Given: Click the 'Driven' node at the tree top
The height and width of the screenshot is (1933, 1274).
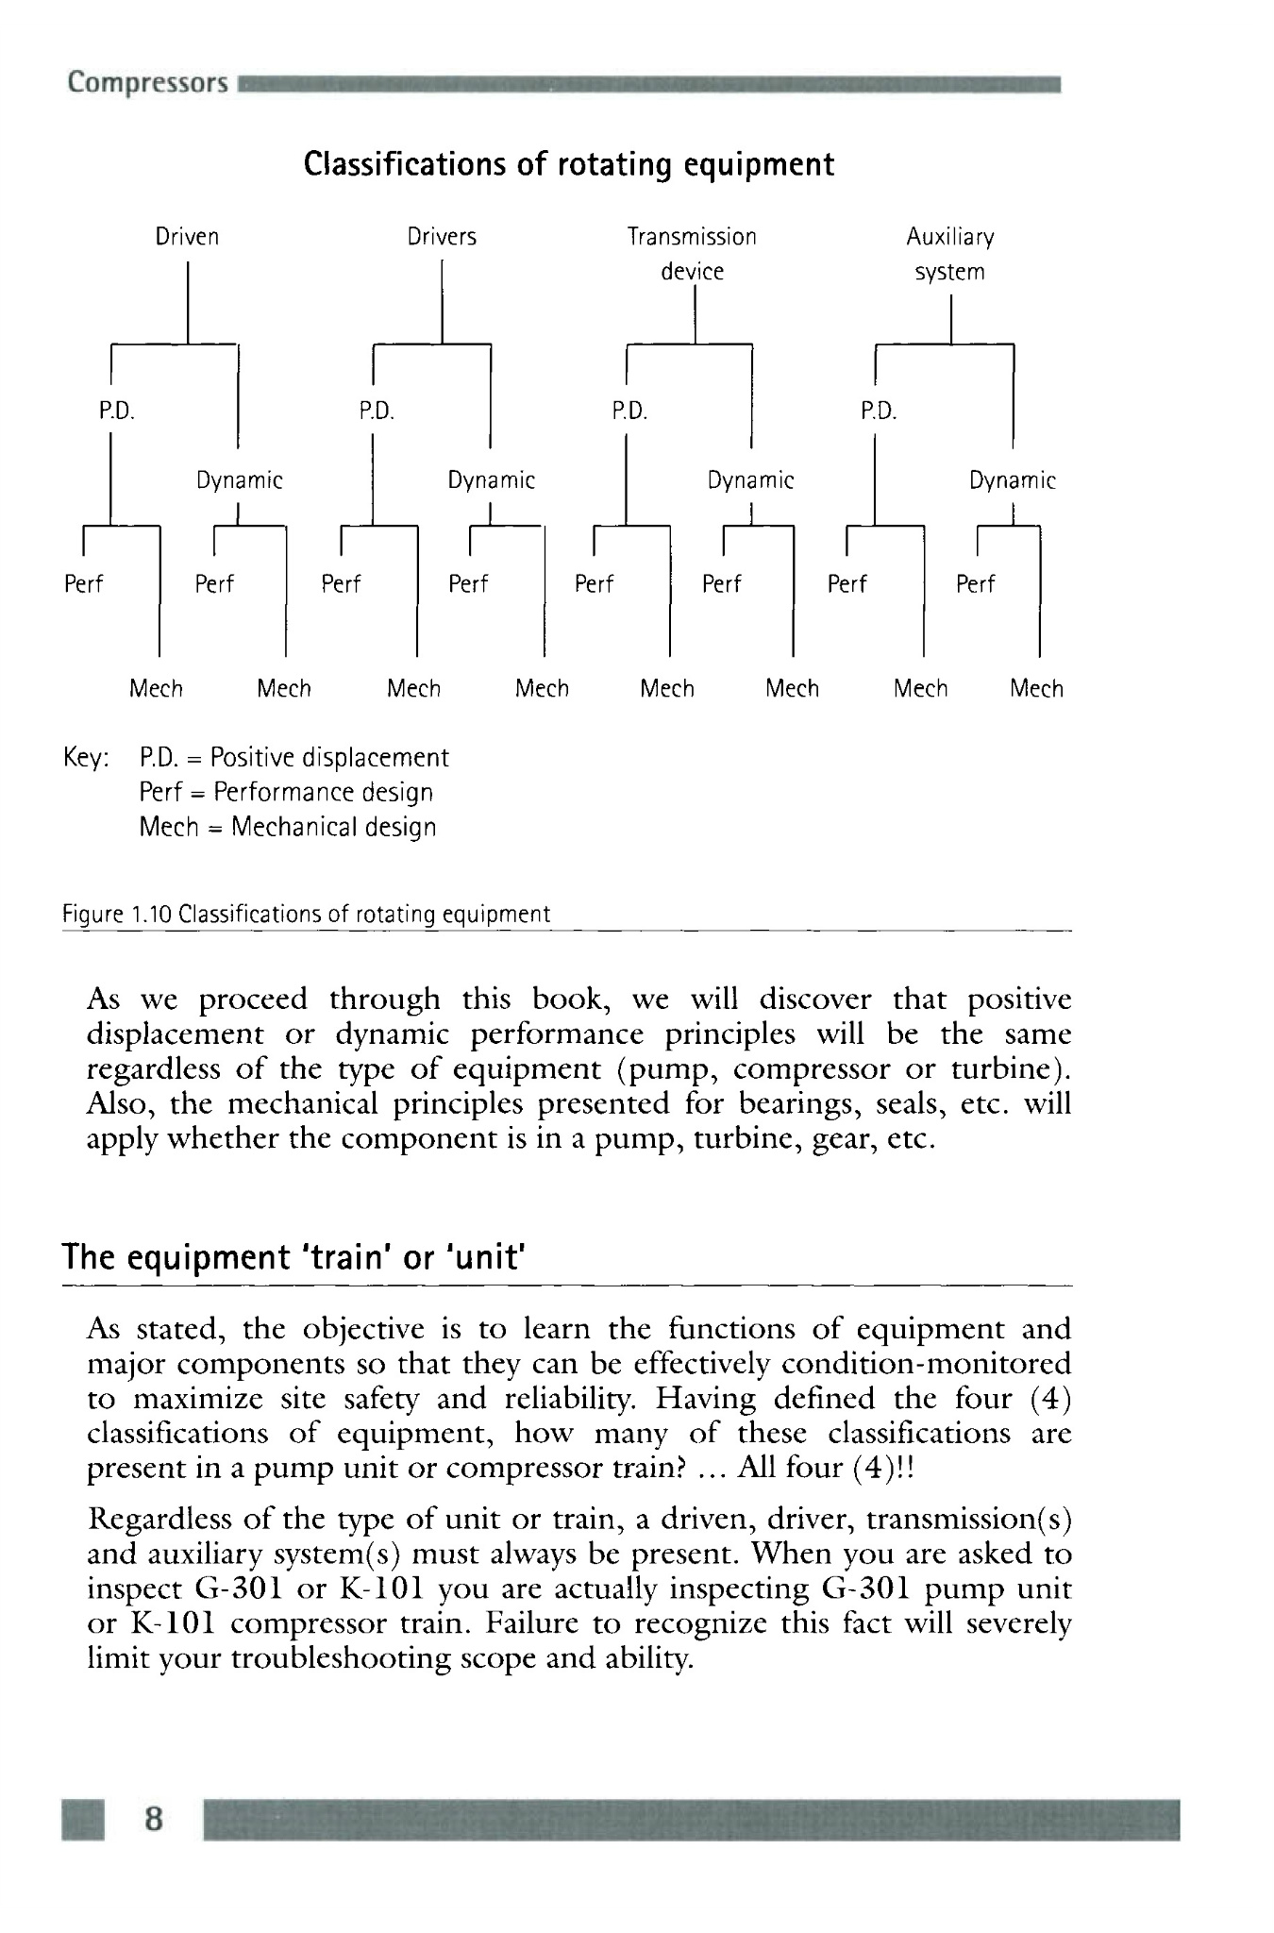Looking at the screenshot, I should tap(187, 237).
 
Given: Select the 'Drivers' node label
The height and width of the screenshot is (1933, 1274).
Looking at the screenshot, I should tap(442, 237).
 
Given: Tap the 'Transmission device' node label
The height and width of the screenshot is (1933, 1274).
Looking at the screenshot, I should tap(692, 254).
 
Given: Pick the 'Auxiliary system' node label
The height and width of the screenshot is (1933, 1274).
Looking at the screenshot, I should tap(950, 254).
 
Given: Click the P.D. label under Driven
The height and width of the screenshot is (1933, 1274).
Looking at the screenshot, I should tap(118, 412).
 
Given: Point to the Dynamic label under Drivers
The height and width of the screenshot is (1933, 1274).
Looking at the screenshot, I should tap(491, 480).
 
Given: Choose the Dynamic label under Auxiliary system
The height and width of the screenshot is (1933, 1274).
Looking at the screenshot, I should tap(1012, 480).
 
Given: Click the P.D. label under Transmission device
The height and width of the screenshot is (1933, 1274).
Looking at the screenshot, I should tap(629, 412).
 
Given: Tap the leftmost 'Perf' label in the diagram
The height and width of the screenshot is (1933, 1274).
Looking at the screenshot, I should tap(83, 584).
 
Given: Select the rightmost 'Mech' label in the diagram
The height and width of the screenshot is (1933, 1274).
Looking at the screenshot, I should tap(1036, 689).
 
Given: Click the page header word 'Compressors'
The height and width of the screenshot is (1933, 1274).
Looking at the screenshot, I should tap(148, 83).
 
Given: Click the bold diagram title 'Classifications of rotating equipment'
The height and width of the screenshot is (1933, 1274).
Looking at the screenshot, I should tap(569, 164).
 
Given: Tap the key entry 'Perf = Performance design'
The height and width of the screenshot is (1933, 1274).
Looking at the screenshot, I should tap(286, 792).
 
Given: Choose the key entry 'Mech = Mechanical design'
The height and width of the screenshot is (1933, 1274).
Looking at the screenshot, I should tap(288, 827).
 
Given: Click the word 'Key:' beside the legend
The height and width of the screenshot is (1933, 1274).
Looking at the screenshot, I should tap(86, 758).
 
